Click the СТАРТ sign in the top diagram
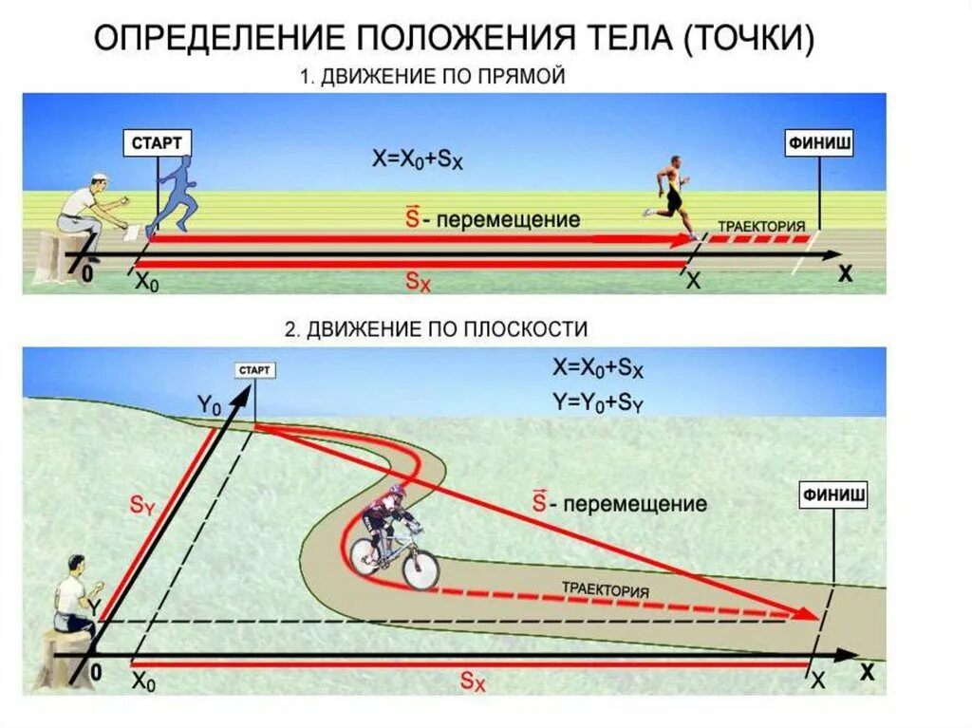(159, 143)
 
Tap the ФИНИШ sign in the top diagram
(818, 143)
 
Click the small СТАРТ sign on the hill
(254, 370)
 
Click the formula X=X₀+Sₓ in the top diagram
(418, 160)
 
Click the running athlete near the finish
(674, 196)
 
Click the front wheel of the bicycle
(419, 567)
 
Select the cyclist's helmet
(395, 494)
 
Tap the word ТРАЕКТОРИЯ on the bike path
(606, 588)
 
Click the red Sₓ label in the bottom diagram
(473, 680)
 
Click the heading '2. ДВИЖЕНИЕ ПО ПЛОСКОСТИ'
(437, 328)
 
